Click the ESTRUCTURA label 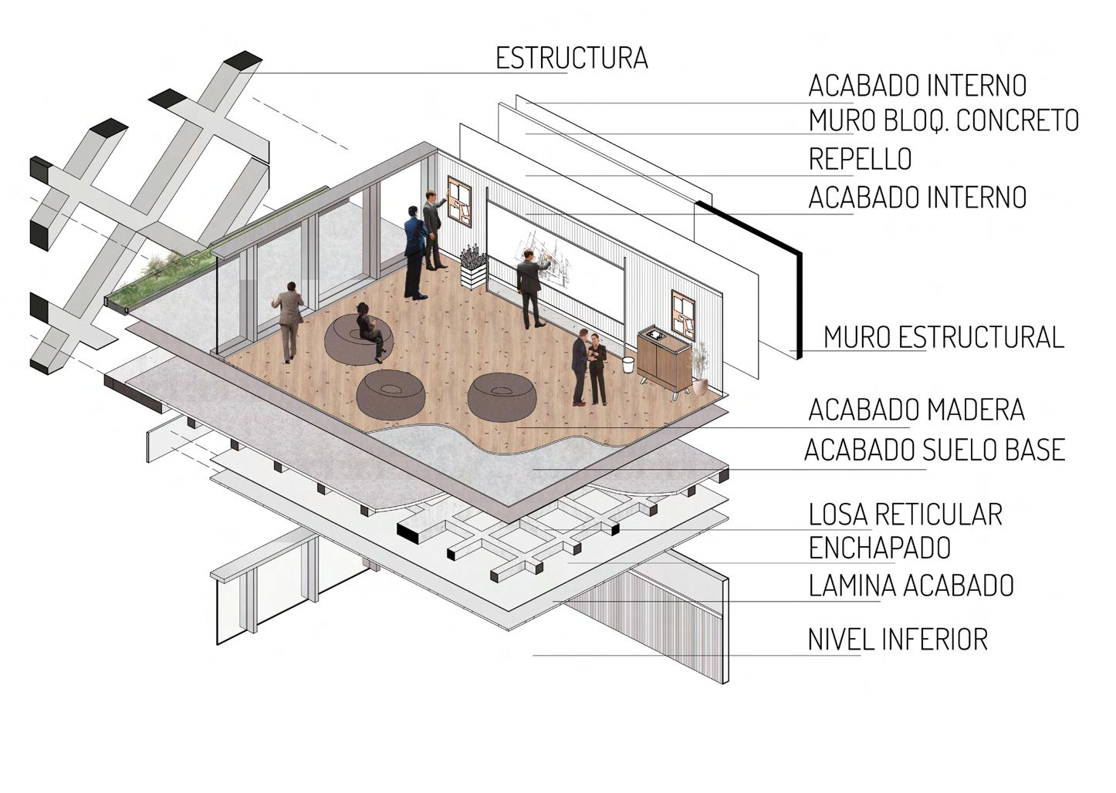pos(571,59)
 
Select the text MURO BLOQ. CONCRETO pos(943,121)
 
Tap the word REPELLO pos(860,160)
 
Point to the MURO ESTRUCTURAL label pos(943,338)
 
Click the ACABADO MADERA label pos(916,410)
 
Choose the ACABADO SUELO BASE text pos(934,450)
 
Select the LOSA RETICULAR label pos(905,515)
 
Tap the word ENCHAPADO pos(879,548)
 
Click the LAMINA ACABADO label pos(911,585)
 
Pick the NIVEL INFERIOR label pos(898,639)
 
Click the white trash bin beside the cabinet pos(629,365)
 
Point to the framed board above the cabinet pos(683,313)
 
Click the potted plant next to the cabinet pos(700,371)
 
